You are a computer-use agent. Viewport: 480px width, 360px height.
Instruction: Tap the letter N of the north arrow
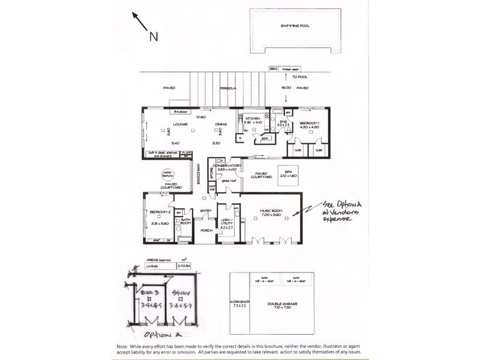coord(153,37)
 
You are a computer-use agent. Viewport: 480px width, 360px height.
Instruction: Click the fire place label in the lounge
coord(181,112)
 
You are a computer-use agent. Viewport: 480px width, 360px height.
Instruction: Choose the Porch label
coord(206,230)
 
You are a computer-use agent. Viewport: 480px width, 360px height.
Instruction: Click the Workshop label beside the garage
coord(240,303)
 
